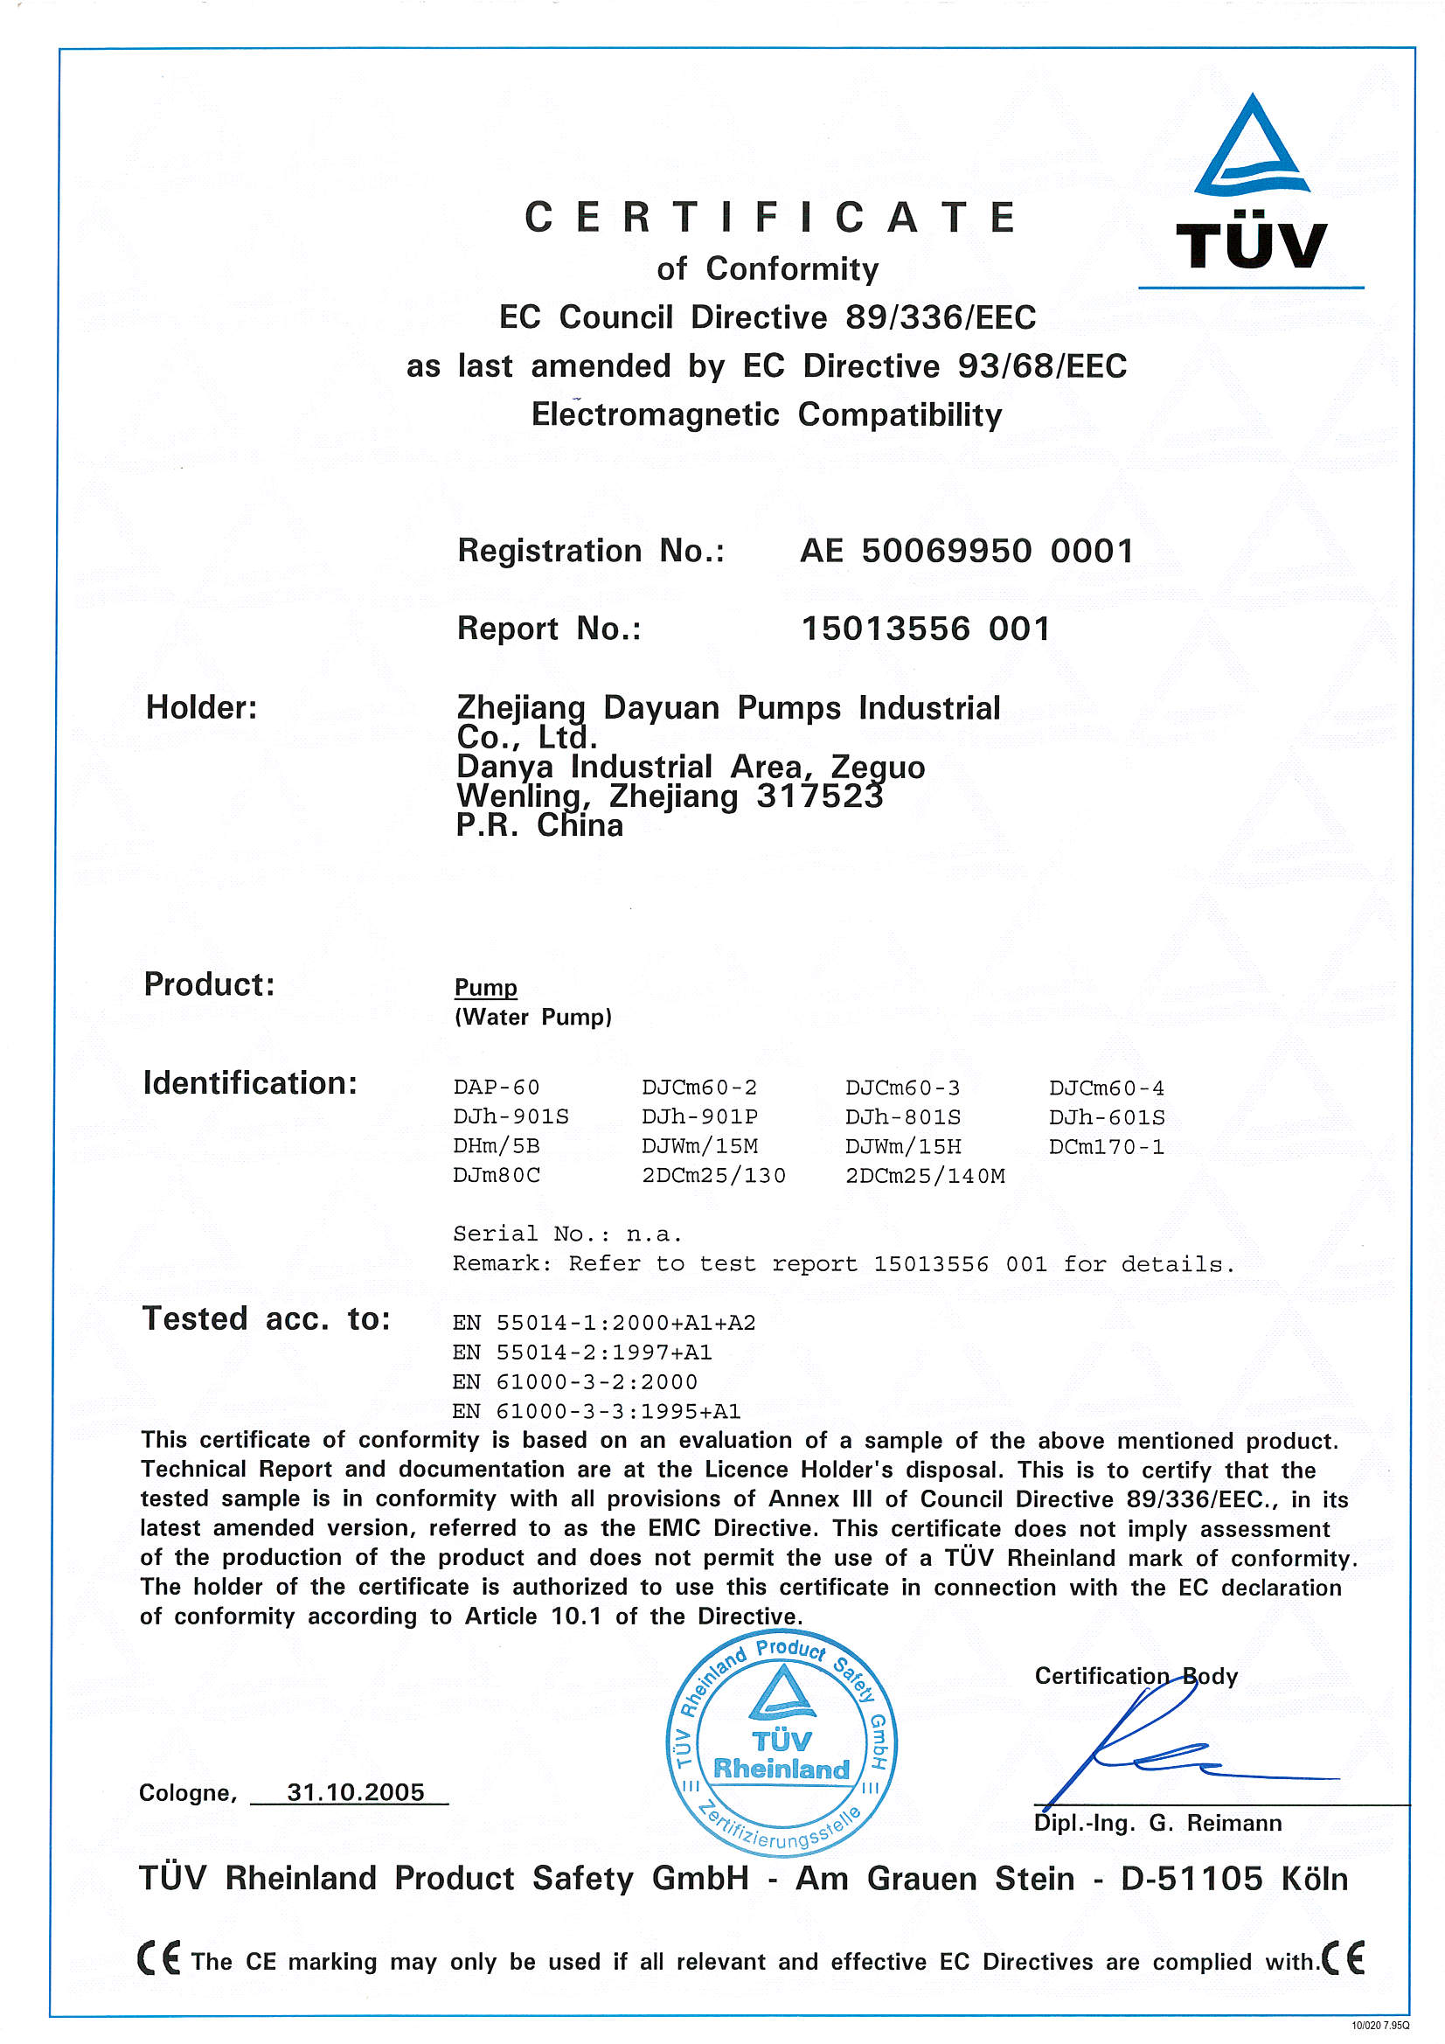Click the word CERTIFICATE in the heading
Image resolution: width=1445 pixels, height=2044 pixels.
tap(770, 218)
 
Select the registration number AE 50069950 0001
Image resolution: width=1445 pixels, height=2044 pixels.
tap(966, 551)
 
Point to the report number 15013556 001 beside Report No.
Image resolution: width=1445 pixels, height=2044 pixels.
tap(925, 629)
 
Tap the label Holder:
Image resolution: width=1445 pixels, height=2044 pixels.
tap(201, 708)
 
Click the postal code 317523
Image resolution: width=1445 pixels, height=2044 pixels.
tap(819, 796)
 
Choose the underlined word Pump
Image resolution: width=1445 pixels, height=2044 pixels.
tap(485, 987)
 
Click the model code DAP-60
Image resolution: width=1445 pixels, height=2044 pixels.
tap(496, 1087)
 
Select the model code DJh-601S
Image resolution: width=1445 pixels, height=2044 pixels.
tap(1106, 1116)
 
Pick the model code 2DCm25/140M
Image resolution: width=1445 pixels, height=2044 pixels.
tap(924, 1175)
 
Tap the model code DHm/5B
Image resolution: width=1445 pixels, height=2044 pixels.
tap(496, 1146)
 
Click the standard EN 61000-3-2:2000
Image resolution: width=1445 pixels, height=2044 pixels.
tap(574, 1381)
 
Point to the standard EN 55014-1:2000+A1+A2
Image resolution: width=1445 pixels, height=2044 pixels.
tap(604, 1323)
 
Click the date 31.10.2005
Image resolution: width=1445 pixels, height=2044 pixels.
tap(355, 1792)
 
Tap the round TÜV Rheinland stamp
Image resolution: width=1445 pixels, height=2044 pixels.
tap(781, 1744)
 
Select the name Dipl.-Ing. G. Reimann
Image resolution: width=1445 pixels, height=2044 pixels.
tap(1157, 1823)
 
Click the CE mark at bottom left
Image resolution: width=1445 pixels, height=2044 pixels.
tap(158, 1958)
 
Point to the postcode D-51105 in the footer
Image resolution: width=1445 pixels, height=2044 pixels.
tap(1191, 1880)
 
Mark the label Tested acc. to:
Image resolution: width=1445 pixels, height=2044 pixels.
tap(267, 1318)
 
